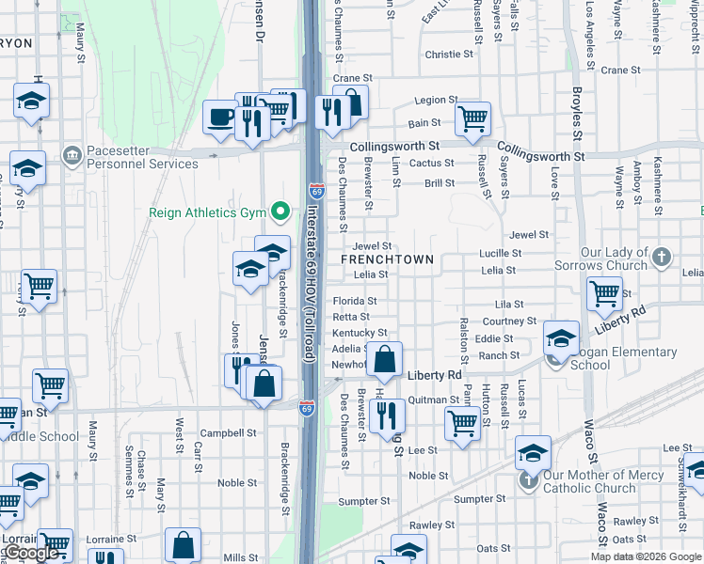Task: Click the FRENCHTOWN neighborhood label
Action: point(387,259)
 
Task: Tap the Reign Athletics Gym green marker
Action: point(279,212)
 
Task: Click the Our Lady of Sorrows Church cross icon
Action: point(663,257)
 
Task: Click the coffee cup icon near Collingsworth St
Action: point(220,117)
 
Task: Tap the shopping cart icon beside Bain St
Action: point(472,118)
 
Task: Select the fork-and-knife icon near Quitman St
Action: point(387,415)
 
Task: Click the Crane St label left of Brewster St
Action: point(353,79)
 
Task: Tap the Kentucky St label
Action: point(360,333)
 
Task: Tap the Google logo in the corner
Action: point(30,554)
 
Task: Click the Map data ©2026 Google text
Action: point(645,556)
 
